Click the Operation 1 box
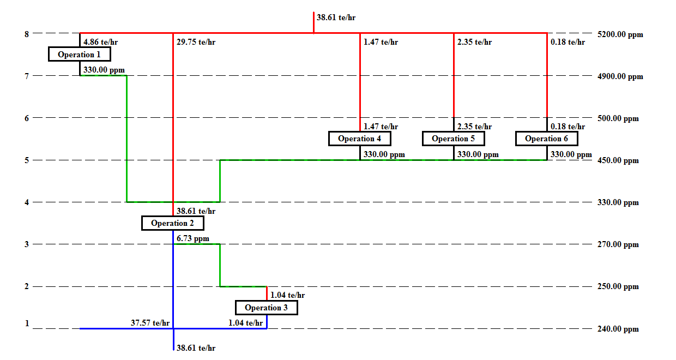79,55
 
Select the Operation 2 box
172,223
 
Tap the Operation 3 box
266,308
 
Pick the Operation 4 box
359,139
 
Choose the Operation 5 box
453,139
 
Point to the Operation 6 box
546,139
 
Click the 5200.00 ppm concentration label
620,35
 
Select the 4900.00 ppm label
620,77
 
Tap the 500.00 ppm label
618,119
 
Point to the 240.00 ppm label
618,329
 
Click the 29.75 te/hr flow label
196,43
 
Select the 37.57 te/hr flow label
150,323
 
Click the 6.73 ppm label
192,239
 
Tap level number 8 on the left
26,34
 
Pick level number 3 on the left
26,244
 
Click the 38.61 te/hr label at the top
336,17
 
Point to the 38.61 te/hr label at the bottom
196,348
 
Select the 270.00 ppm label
618,245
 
